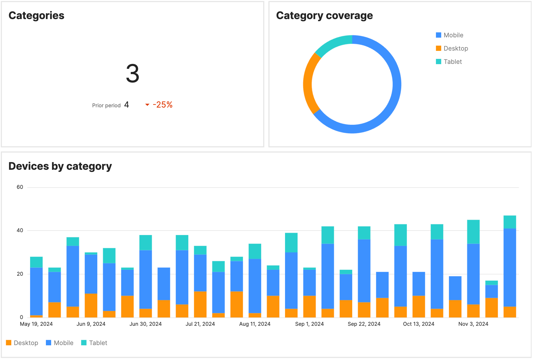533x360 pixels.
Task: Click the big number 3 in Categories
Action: pyautogui.click(x=132, y=74)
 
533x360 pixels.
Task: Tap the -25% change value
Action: pyautogui.click(x=163, y=105)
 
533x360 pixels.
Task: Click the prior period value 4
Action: pyautogui.click(x=126, y=105)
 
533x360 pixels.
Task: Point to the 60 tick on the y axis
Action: pyautogui.click(x=20, y=187)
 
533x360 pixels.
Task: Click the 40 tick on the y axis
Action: pyautogui.click(x=20, y=230)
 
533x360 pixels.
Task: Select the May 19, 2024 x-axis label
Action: pyautogui.click(x=36, y=324)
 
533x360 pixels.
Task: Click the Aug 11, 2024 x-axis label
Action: pyautogui.click(x=255, y=324)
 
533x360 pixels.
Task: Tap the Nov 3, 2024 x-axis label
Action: pyautogui.click(x=473, y=324)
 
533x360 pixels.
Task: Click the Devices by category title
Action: pyautogui.click(x=60, y=166)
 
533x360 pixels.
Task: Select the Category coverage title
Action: pyautogui.click(x=324, y=16)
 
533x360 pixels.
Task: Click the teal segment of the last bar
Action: pyautogui.click(x=510, y=222)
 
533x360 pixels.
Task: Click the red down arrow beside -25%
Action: pyautogui.click(x=147, y=105)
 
